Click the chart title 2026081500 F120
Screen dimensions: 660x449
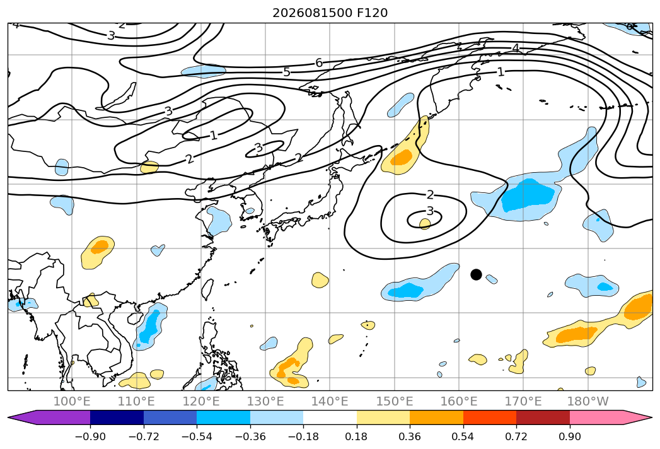330,13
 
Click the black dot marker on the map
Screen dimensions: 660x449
476,274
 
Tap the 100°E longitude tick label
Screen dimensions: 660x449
72,402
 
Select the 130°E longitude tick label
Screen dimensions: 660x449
265,402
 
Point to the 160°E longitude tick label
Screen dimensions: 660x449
459,402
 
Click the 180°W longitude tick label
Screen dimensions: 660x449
588,402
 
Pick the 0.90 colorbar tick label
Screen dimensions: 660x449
569,436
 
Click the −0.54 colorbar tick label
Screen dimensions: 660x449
197,436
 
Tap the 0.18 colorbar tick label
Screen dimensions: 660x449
357,436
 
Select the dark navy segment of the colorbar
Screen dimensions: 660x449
117,417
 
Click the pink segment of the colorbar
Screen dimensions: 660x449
596,417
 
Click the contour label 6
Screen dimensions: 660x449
319,63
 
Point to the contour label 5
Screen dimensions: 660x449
287,72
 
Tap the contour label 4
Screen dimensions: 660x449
516,48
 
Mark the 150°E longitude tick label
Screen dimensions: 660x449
395,402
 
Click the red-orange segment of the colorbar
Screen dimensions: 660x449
490,417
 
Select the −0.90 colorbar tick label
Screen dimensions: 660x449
90,436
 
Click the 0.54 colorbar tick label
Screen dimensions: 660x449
463,436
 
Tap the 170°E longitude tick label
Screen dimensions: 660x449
523,402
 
